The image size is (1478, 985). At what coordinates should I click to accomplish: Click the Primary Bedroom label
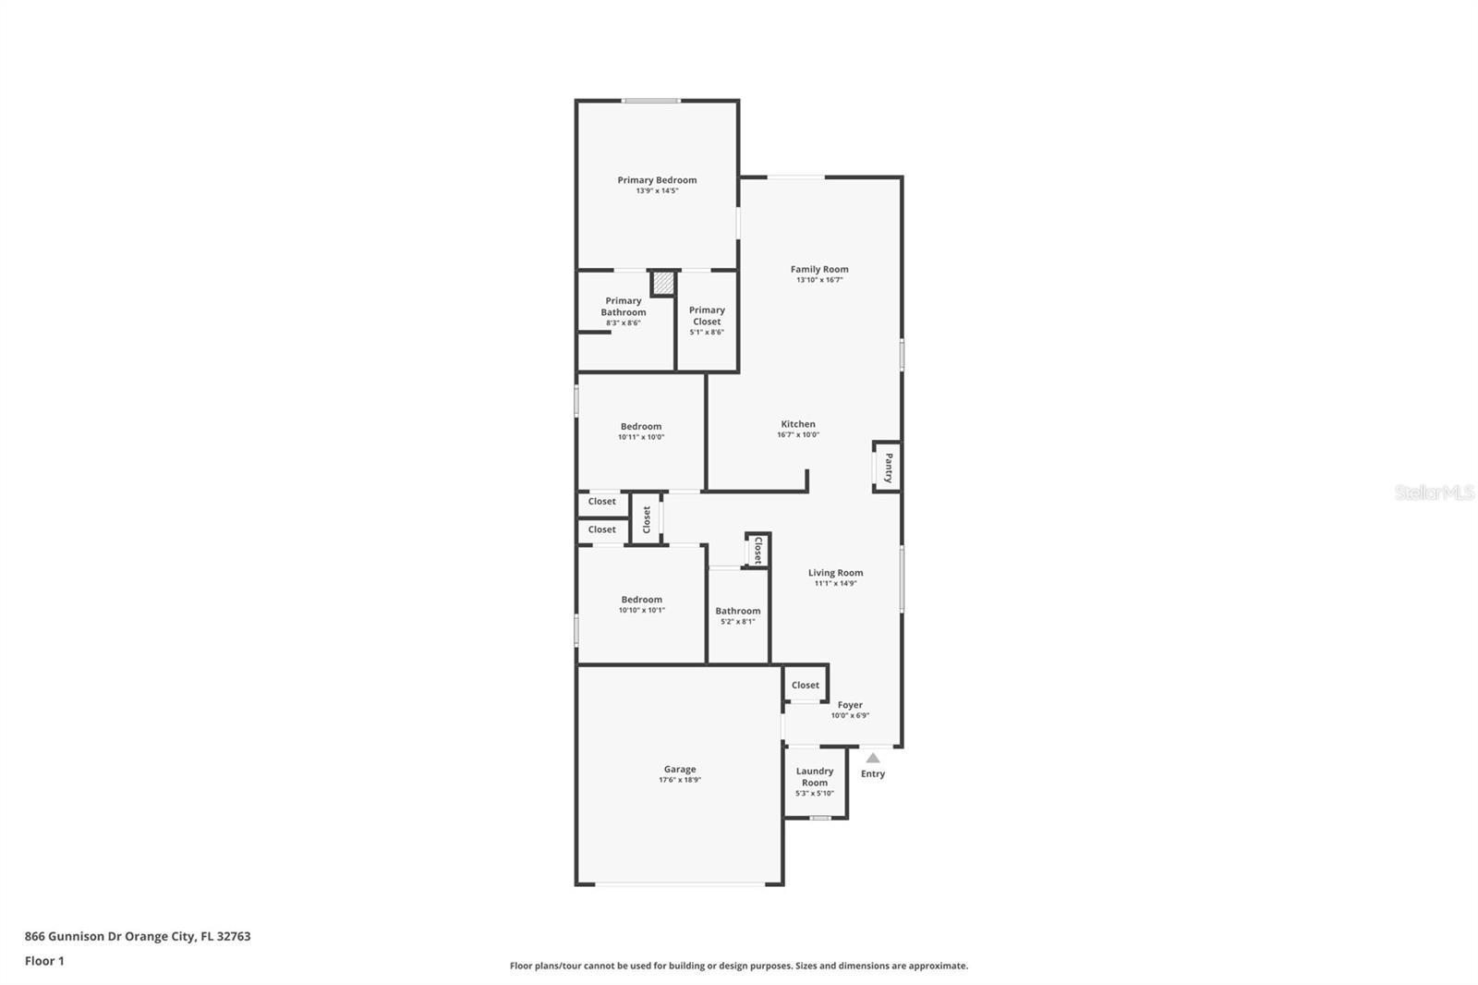pos(657,180)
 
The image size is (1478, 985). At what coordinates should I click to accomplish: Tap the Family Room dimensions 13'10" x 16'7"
pos(819,280)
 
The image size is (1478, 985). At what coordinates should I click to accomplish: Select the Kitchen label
pos(798,424)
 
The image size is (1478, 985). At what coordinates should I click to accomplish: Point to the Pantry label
pos(889,468)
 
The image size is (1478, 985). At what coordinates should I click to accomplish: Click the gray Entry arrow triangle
pos(873,758)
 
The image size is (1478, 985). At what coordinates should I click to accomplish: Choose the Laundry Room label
pos(815,777)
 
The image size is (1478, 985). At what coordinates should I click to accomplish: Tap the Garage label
pos(680,769)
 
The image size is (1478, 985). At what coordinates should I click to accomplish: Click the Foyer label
pos(850,705)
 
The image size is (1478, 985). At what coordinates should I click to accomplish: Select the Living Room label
pos(835,573)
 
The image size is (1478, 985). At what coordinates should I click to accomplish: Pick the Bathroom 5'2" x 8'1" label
pos(738,611)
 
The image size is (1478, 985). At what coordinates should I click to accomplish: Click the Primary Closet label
pos(707,316)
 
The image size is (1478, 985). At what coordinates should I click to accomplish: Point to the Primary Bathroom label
pos(624,307)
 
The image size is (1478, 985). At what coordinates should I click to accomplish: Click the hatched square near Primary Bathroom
pos(662,283)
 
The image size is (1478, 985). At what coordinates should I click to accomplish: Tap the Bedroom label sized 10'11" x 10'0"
pos(641,427)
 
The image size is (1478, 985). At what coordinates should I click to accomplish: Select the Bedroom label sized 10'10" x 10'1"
pos(641,600)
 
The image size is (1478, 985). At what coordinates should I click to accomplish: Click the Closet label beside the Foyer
pos(805,686)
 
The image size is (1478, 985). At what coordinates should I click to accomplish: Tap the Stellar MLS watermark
pos(1434,492)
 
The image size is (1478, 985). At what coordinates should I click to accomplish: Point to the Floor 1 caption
pos(44,961)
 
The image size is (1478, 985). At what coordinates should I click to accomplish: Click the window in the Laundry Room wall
pos(819,818)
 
